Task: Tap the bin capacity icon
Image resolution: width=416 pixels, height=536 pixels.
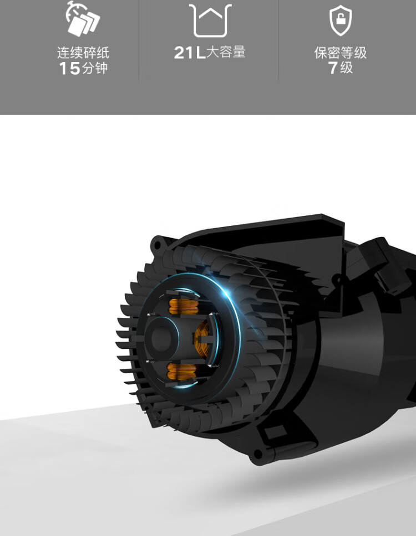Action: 210,20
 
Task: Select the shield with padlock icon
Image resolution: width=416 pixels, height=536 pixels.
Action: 341,20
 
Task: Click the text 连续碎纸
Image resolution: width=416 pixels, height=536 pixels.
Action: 83,53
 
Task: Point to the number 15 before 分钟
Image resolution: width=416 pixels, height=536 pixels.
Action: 69,68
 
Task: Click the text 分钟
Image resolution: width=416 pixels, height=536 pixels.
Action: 95,68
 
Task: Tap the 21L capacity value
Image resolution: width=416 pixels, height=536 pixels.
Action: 189,53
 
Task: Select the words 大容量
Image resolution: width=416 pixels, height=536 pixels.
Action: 226,52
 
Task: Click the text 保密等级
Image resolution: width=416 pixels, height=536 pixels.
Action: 341,53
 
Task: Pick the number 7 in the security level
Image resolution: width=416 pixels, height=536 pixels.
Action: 333,68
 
